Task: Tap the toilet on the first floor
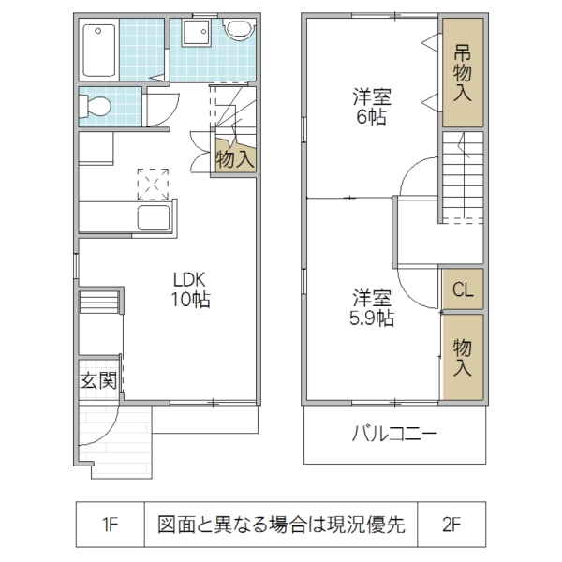97,106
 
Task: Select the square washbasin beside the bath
196,35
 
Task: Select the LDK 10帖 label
192,289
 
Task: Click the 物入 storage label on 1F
234,158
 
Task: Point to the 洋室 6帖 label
372,106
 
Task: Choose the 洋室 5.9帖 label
372,308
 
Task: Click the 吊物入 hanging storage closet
463,73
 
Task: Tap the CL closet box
463,290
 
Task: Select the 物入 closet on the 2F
463,358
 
